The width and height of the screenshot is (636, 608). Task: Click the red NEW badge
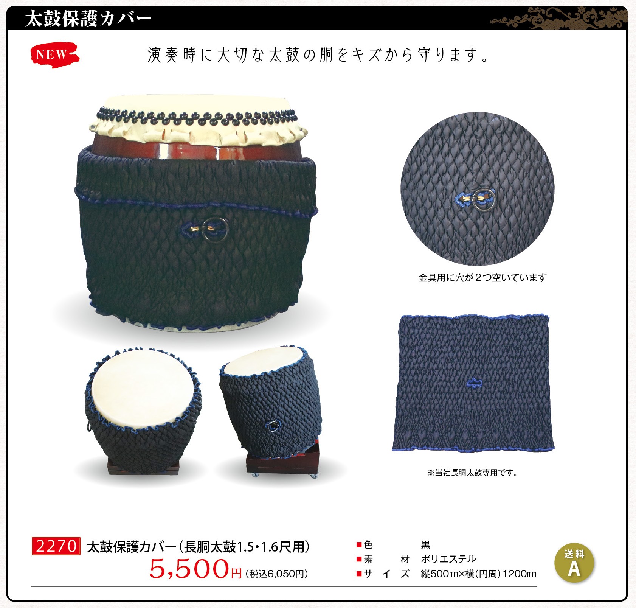[x=54, y=55]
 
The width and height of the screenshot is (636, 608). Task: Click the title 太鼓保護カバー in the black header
[x=88, y=19]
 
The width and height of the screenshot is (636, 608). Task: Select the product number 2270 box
[x=56, y=546]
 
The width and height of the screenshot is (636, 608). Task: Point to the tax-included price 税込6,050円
[x=277, y=574]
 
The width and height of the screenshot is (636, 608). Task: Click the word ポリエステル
[x=448, y=559]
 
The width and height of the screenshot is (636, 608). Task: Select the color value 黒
[x=426, y=545]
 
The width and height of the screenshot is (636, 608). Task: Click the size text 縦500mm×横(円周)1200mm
[x=479, y=574]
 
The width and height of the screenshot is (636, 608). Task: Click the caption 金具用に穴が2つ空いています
[x=482, y=278]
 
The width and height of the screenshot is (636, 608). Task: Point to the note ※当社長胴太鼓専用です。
[x=473, y=473]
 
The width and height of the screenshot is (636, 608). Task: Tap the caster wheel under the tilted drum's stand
[x=313, y=476]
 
